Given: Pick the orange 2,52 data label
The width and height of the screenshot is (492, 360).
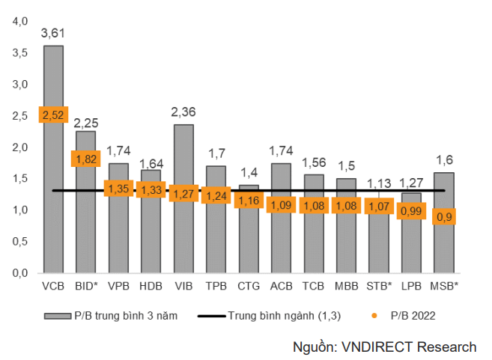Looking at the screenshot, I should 53,115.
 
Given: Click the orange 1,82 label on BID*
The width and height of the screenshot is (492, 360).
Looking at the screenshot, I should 85,159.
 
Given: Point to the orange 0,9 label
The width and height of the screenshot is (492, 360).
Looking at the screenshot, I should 444,216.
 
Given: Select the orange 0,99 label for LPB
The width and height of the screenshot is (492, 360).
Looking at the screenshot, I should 411,211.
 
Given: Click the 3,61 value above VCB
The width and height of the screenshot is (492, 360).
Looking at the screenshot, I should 53,33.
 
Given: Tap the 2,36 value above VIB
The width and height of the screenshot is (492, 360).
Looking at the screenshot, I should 183,112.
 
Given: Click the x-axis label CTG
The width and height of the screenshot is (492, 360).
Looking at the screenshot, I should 248,286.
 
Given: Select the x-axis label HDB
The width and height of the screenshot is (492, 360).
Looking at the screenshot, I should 151,286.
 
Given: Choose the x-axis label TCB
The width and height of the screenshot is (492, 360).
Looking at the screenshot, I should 313,286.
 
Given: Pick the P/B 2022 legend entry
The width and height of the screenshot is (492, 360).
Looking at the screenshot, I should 409,316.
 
